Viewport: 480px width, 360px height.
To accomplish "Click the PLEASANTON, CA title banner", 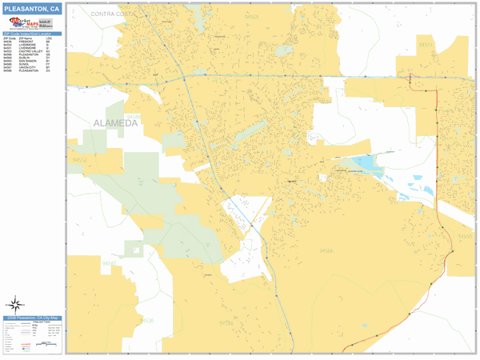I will pyautogui.click(x=32, y=9).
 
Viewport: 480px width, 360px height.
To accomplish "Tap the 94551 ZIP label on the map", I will pyautogui.click(x=426, y=45).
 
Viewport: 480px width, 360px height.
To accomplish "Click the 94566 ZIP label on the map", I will pyautogui.click(x=326, y=250).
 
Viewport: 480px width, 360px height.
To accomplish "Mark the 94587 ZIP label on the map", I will pyautogui.click(x=110, y=262).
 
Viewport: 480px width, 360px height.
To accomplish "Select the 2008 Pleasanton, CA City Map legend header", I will pyautogui.click(x=32, y=318).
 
